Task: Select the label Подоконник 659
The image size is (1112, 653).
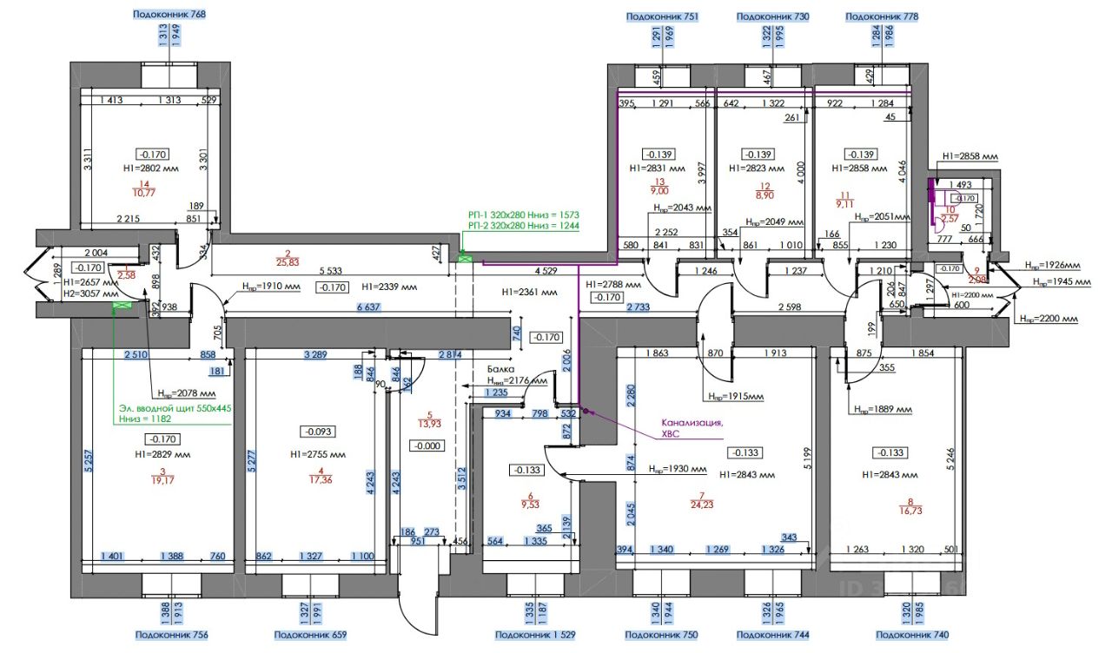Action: [x=309, y=636]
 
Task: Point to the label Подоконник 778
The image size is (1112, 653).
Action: [x=882, y=16]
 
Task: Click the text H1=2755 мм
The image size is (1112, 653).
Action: [x=317, y=454]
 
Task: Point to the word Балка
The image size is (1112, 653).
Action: [x=500, y=368]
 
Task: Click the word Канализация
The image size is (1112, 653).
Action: [x=692, y=424]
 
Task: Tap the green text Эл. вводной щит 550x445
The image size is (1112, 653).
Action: [x=175, y=407]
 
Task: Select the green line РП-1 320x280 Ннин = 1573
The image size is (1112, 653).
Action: [x=523, y=214]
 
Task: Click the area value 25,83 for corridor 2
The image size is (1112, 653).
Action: [x=287, y=261]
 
